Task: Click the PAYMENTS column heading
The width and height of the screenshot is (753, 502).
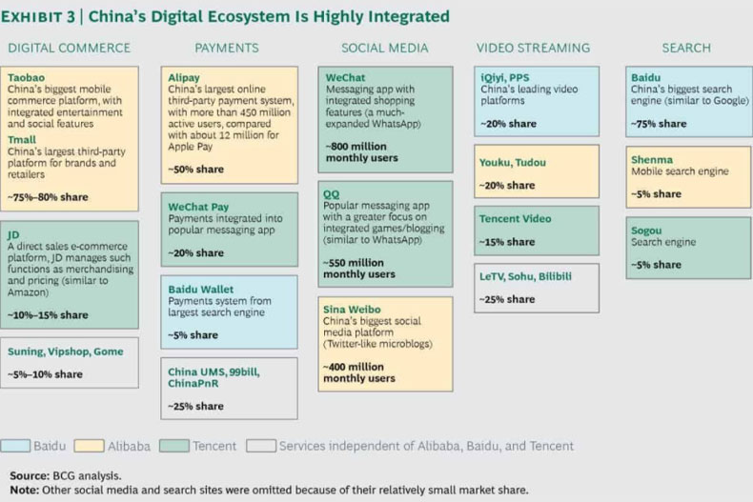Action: pos(227,48)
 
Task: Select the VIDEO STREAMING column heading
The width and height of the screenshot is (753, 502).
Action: pos(533,48)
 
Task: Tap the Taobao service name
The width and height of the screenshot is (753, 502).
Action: pos(26,77)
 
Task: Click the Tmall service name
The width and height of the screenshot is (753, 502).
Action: pos(22,140)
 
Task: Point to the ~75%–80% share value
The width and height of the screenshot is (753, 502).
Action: pos(48,197)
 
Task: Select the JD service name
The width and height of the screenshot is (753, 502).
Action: pos(13,234)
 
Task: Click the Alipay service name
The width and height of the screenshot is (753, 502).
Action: pos(183,78)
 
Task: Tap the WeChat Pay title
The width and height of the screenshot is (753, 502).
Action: pos(198,207)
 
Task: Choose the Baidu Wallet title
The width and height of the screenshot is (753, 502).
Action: pos(201,290)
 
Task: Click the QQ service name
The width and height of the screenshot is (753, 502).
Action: pos(332,194)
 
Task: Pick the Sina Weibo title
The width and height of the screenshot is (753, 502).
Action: pos(352,310)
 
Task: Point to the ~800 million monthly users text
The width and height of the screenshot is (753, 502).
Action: pos(361,152)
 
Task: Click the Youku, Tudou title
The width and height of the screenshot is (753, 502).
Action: pos(513,162)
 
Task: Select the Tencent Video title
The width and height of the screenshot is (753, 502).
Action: pos(515,219)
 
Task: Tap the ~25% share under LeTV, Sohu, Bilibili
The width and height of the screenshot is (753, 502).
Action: pos(507,299)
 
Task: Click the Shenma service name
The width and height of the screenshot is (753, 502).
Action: pos(652,160)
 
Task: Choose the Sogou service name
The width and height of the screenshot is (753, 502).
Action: pos(646,231)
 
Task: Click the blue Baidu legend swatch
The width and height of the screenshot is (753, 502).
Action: pos(15,446)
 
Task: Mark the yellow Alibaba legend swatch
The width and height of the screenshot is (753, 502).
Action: pos(89,446)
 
